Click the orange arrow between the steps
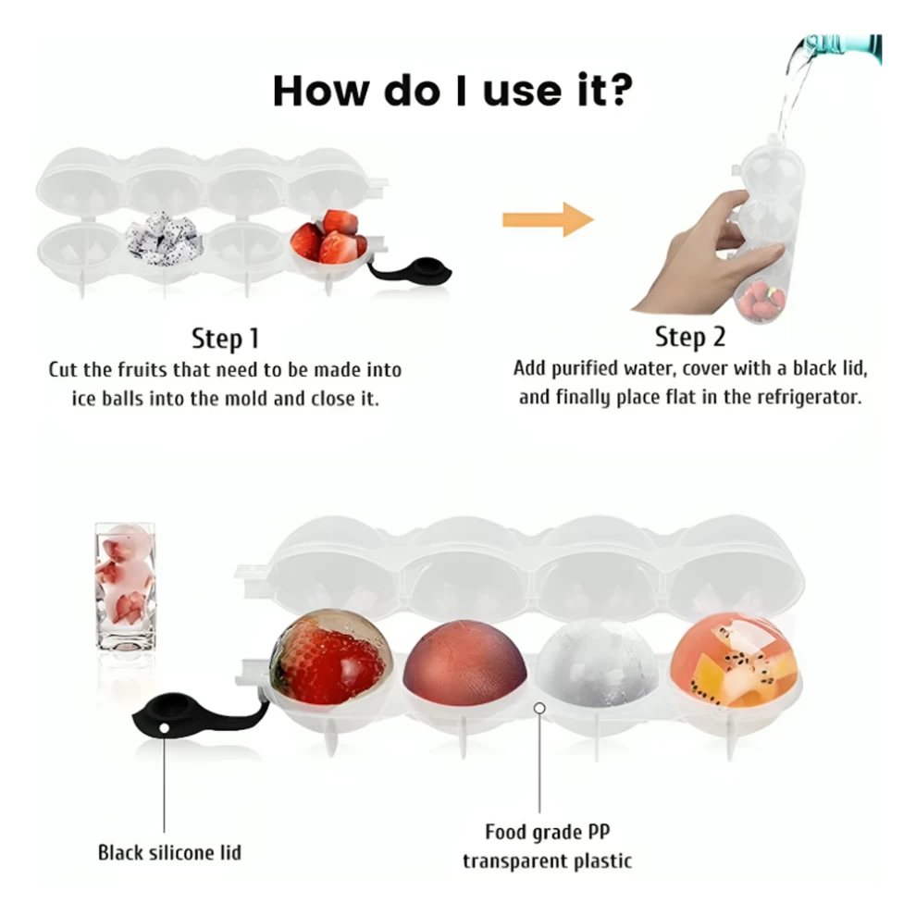pos(548,219)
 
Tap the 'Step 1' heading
pos(225,339)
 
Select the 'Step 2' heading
pos(690,337)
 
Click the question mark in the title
pos(615,90)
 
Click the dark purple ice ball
pos(465,662)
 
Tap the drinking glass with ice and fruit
pos(124,588)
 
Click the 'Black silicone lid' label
pos(169,852)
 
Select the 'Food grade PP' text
pos(548,831)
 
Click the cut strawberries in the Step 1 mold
pos(328,236)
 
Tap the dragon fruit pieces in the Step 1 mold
pos(164,239)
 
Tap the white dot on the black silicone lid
pos(164,728)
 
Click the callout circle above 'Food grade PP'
pos(539,708)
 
